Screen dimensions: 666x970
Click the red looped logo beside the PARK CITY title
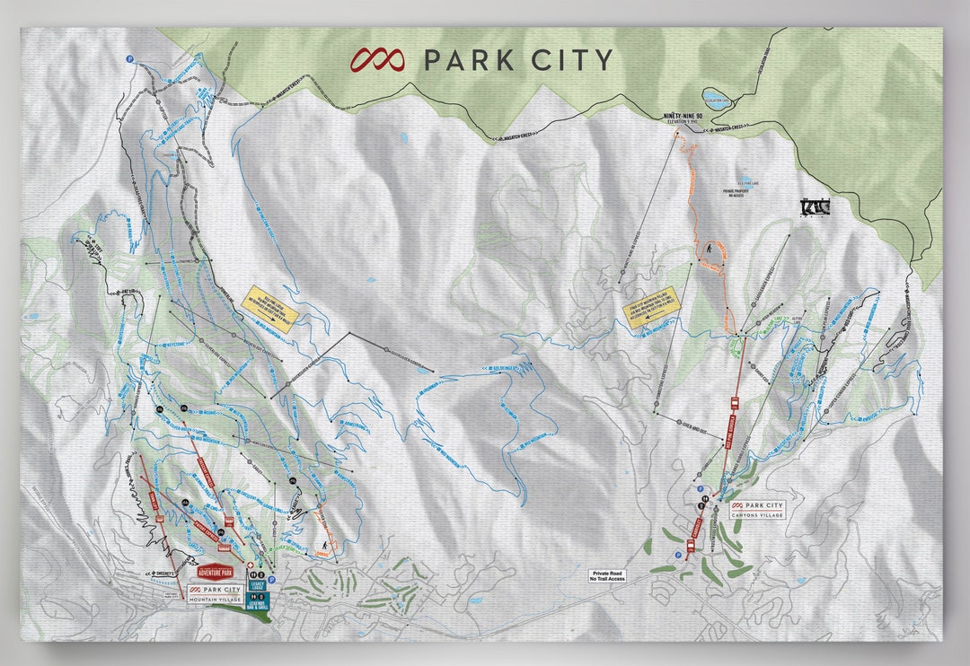pos(378,60)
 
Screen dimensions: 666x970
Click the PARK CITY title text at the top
pos(517,60)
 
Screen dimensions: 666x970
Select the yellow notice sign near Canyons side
pos(653,310)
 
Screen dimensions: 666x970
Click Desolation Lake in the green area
pos(715,95)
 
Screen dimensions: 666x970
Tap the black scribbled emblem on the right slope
pos(815,206)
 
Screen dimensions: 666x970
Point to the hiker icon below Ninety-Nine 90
pos(710,247)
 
